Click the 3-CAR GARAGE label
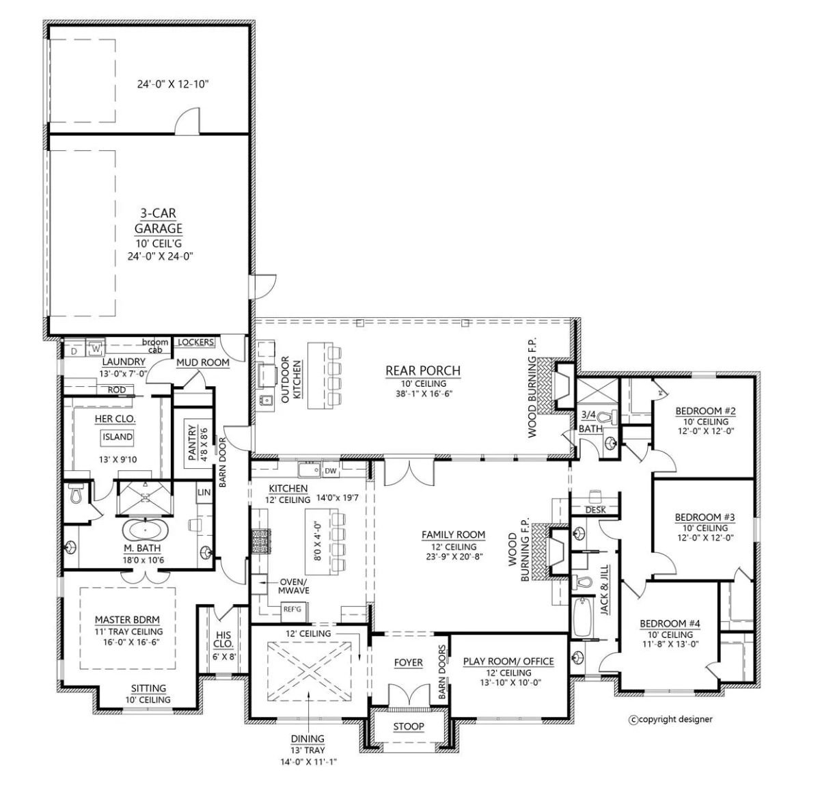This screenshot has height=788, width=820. [x=158, y=221]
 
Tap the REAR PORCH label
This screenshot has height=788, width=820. [x=423, y=371]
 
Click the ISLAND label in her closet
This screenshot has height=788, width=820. [x=118, y=437]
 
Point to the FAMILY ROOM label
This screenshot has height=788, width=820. [x=453, y=534]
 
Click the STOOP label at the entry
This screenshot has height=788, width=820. [x=409, y=726]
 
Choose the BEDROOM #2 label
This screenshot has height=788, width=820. [x=705, y=411]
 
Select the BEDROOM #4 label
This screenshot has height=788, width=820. [x=669, y=623]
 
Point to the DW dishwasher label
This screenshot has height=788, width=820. [x=331, y=470]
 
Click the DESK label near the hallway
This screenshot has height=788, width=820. [x=596, y=510]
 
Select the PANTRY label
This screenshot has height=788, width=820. [x=192, y=443]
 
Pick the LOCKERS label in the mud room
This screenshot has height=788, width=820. [x=195, y=342]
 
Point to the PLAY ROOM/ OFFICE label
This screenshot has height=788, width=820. [x=508, y=661]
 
